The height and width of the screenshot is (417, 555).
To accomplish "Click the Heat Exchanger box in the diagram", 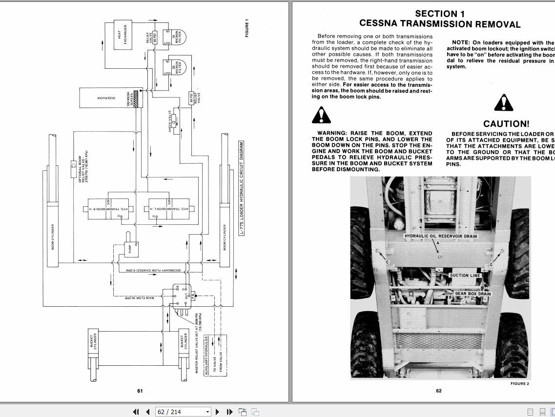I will [122, 34].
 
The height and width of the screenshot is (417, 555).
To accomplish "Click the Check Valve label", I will [170, 120].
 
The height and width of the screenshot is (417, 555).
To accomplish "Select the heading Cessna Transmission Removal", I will [440, 23].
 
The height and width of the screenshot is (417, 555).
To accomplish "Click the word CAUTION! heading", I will [506, 124].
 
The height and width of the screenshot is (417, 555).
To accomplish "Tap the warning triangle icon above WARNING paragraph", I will [321, 115].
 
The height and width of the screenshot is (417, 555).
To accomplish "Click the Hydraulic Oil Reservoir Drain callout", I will [441, 236].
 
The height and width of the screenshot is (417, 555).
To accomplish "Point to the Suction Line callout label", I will [465, 276].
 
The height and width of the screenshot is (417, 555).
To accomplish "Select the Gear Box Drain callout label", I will [473, 294].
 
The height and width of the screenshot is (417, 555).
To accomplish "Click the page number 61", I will [140, 391].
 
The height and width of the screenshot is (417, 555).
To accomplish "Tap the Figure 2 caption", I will [519, 384].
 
